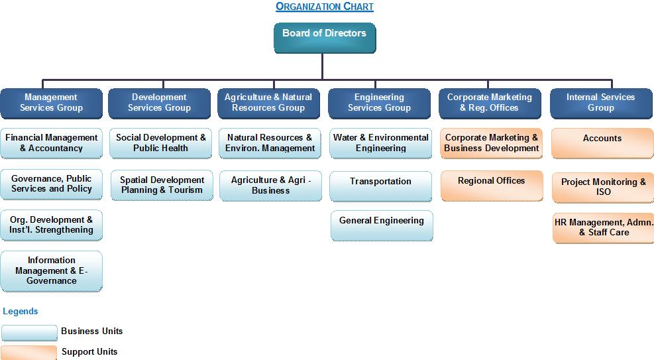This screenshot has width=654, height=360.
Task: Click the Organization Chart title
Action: pos(325,7)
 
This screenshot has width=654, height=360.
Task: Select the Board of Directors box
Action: pos(325,38)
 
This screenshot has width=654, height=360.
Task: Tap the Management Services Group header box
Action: pos(51,103)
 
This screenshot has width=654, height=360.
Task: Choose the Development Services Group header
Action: pos(159,103)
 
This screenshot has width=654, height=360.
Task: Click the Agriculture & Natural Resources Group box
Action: pos(268,103)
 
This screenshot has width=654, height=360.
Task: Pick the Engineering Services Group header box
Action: pos(379,103)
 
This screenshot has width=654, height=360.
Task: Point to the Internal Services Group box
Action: pos(601,103)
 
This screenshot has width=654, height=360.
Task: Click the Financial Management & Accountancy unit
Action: pos(51,143)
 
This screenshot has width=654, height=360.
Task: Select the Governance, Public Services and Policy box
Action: pos(51,184)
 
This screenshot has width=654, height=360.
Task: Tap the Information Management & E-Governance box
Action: pos(51,270)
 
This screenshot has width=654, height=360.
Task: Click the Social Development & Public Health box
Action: pos(161,143)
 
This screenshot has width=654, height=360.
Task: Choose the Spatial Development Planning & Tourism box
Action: pos(162,185)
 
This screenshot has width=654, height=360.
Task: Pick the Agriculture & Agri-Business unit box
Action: pos(271,186)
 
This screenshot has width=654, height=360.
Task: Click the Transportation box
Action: pos(381,186)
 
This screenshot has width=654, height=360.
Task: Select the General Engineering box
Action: pos(382,225)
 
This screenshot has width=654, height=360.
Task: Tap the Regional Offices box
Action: pos(492,186)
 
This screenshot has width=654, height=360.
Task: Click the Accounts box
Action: pos(603,143)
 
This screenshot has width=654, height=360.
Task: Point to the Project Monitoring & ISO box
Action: pos(603,188)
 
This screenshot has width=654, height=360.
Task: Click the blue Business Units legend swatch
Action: pos(29,332)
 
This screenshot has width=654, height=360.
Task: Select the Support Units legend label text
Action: pos(89,351)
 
